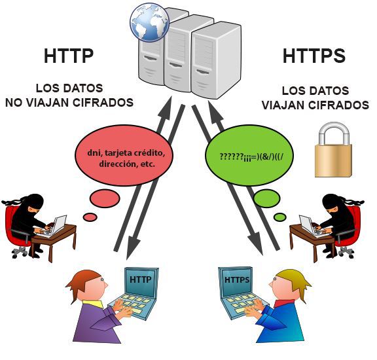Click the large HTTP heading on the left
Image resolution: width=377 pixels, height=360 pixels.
coord(69,57)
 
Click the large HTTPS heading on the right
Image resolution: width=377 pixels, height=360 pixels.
coord(314,57)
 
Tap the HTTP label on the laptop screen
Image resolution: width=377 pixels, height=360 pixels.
coord(141,278)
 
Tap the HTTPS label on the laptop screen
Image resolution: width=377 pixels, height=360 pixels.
coord(236,279)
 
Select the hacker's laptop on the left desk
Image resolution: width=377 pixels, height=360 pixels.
coord(55,225)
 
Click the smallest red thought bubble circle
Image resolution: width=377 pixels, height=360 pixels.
coord(89,216)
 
